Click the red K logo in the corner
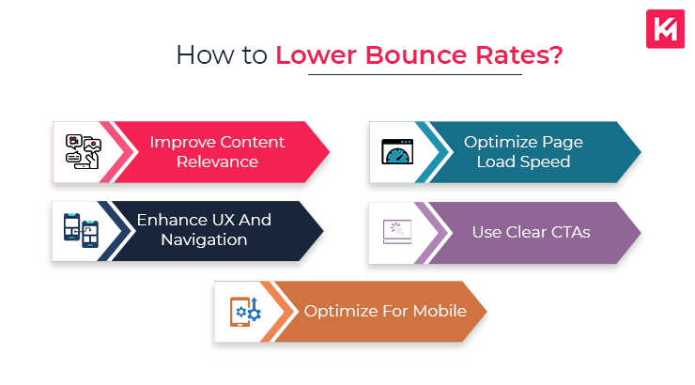click(x=664, y=29)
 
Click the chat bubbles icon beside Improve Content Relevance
click(x=83, y=151)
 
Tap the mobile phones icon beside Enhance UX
click(x=82, y=230)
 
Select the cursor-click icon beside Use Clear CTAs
click(x=398, y=230)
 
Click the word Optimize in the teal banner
click(x=499, y=142)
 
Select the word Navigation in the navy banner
click(x=203, y=239)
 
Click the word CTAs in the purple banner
click(x=567, y=231)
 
